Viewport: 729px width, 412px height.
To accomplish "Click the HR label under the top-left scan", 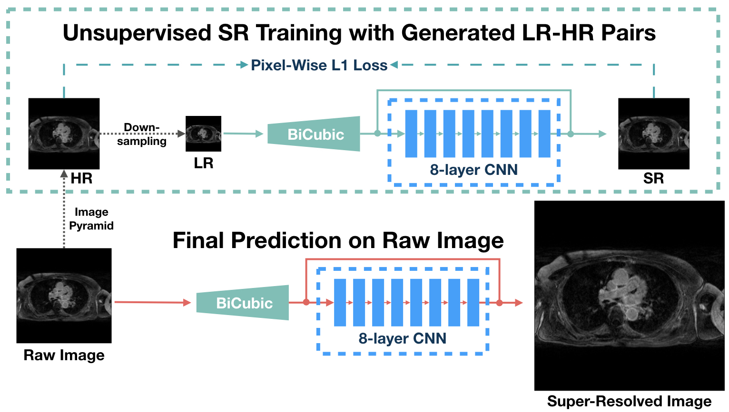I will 81,179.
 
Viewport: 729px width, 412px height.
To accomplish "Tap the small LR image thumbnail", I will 203,134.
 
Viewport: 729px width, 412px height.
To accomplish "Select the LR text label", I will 203,163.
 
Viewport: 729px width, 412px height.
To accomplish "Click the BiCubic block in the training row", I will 315,134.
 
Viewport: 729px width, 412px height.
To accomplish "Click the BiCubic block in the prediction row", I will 243,303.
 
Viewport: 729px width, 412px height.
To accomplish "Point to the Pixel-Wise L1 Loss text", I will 319,65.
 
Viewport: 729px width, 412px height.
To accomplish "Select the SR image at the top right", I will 653,134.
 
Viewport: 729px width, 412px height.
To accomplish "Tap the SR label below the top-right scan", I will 653,179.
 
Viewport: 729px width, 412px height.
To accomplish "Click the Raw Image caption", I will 64,355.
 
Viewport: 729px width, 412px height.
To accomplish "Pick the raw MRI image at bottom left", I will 64,295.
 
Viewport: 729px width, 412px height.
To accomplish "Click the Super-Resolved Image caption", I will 629,402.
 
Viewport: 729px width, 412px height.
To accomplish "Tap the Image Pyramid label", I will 91,219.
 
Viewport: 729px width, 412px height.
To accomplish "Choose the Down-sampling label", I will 141,134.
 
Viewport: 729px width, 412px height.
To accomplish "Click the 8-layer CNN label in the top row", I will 473,170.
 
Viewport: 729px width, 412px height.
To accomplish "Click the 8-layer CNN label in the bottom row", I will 402,338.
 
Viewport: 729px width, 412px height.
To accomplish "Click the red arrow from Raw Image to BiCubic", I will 152,302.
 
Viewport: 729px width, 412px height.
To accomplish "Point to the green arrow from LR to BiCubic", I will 243,134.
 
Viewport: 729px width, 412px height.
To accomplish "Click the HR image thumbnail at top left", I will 64,134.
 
